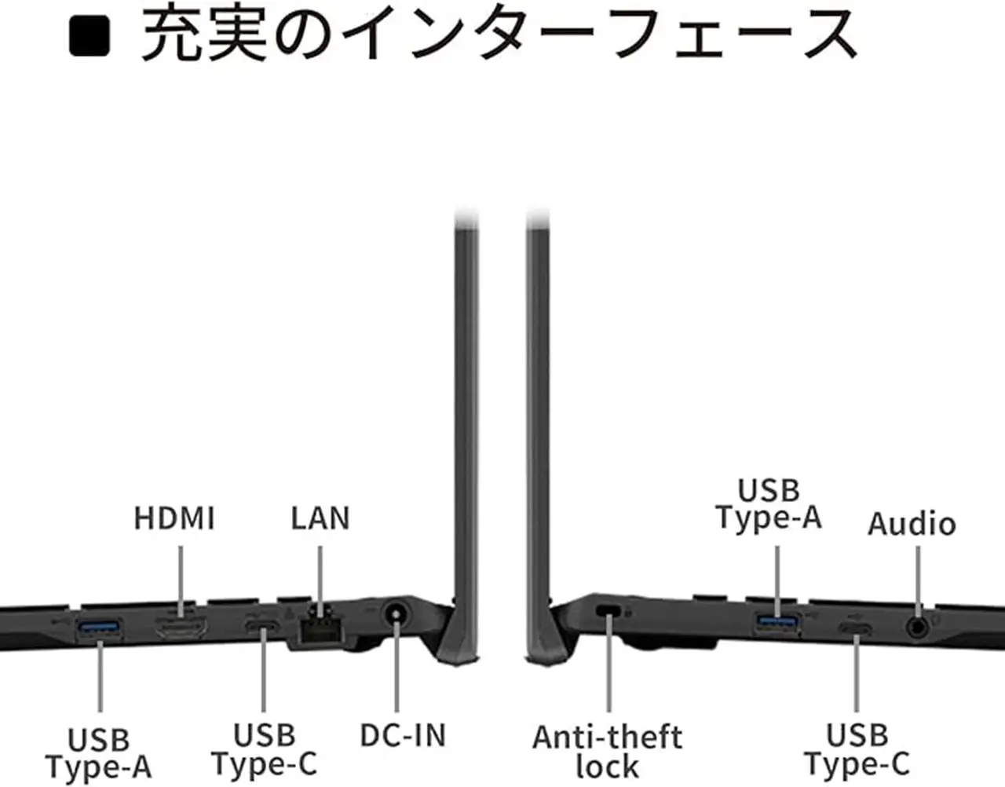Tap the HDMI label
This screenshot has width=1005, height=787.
click(174, 518)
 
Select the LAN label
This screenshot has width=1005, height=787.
click(320, 518)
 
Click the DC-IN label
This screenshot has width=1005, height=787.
click(403, 735)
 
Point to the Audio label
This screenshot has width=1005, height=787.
click(912, 524)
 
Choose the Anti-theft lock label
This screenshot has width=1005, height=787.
click(607, 752)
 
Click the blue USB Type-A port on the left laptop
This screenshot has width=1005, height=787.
click(99, 628)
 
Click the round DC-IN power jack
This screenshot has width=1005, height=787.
click(397, 613)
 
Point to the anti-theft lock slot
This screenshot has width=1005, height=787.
click(608, 611)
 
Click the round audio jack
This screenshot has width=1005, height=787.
click(917, 627)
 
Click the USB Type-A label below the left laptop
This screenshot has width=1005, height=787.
click(99, 753)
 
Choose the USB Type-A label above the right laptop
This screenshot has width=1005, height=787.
click(769, 503)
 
